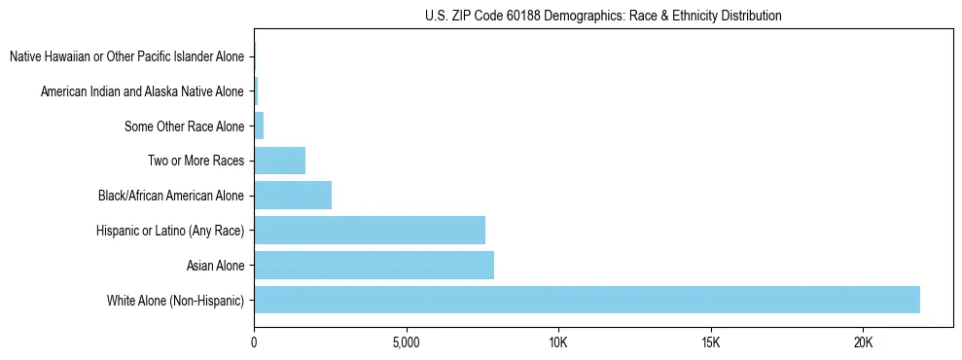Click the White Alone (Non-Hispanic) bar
[587, 300]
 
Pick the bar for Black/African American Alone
[293, 196]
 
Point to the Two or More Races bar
[279, 161]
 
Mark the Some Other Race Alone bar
[259, 126]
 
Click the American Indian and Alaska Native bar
[256, 91]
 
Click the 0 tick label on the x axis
[254, 342]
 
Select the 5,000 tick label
[406, 342]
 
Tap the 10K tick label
[558, 342]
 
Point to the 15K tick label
[710, 342]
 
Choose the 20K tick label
[863, 342]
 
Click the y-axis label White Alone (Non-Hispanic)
[176, 300]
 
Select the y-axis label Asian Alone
[215, 265]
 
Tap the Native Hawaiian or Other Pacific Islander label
[126, 57]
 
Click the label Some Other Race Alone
[185, 126]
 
